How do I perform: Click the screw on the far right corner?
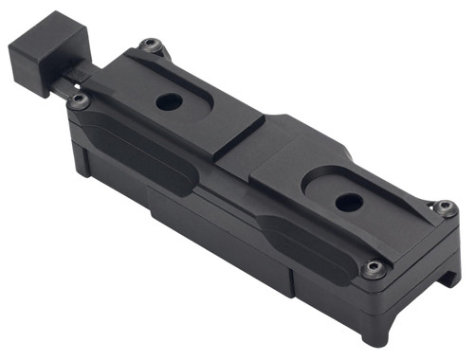click(445, 207)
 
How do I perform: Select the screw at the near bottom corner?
click(374, 269)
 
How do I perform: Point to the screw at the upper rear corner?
click(151, 45)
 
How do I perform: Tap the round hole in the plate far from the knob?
click(348, 201)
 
